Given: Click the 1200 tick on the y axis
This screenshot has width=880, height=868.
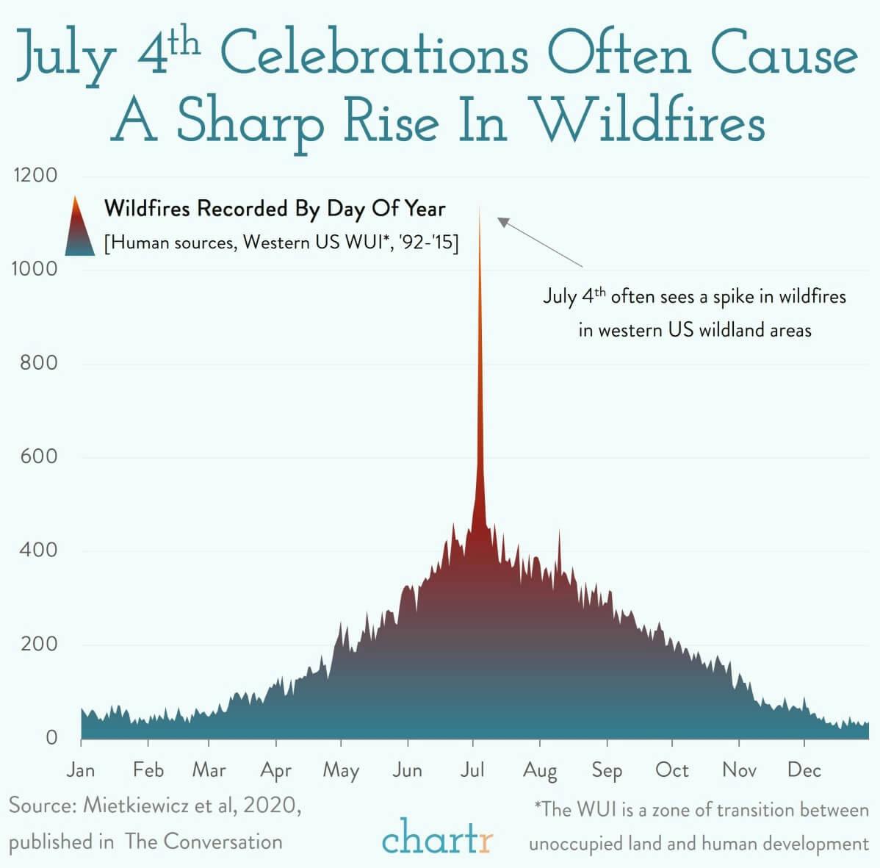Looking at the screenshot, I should (35, 176).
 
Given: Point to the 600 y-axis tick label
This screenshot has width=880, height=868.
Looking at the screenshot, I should (35, 456).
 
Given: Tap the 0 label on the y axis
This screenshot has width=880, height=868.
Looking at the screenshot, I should (51, 737).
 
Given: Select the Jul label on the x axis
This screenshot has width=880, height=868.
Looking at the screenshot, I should (472, 770).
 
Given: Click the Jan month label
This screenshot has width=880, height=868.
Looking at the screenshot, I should (80, 770).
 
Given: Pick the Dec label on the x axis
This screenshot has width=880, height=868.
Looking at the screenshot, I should (804, 770).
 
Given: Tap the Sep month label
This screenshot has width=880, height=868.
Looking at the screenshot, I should (607, 770).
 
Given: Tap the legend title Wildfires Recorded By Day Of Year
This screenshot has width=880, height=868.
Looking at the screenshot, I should (275, 209).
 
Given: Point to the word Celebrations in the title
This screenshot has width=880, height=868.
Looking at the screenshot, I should (373, 55).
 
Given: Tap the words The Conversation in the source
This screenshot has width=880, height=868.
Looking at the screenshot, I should (203, 842).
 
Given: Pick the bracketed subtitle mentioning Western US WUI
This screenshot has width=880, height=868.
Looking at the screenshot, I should (282, 243).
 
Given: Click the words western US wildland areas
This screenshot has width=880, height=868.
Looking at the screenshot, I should (695, 330).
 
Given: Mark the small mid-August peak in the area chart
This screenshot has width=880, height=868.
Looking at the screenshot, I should (559, 531).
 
